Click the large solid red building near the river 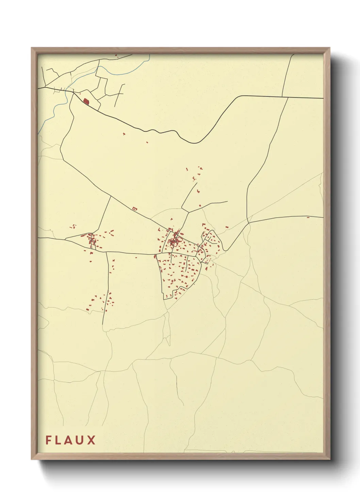pyautogui.click(x=86, y=101)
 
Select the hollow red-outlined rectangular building pyautogui.click(x=134, y=208)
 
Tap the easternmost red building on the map pyautogui.click(x=308, y=217)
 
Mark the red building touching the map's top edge pyautogui.click(x=116, y=56)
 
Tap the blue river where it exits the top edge pyautogui.click(x=149, y=55)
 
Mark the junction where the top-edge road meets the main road pyautogui.click(x=288, y=97)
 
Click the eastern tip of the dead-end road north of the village pyautogui.click(x=227, y=201)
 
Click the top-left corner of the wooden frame pyautogui.click(x=32, y=48)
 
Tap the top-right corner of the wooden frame pyautogui.click(x=330, y=48)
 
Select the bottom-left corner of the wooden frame pyautogui.click(x=32, y=459)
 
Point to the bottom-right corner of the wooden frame pyautogui.click(x=330, y=459)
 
